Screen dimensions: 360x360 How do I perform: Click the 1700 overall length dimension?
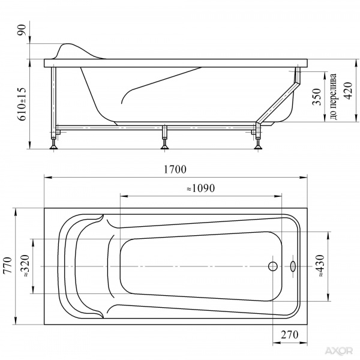175,169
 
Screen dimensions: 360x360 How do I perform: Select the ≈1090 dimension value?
200,188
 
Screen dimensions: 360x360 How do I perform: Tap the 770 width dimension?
8,265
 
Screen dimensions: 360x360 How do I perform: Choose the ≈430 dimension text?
320,265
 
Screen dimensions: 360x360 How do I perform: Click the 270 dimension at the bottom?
290,335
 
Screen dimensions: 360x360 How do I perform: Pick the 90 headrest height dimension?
23,30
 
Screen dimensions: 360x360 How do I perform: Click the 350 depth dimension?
317,97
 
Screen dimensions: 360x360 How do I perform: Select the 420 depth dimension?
348,91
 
